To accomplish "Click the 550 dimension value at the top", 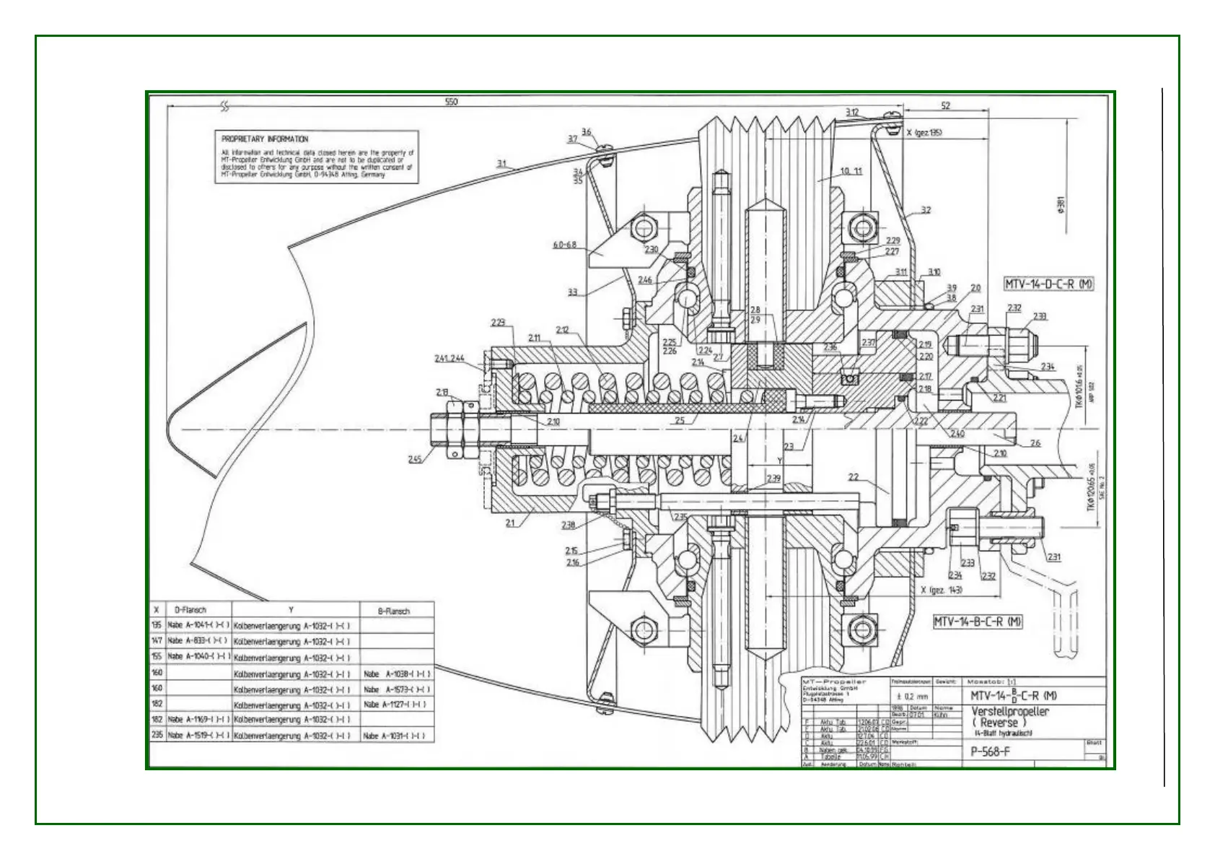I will [x=451, y=102].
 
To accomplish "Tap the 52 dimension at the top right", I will [x=945, y=105].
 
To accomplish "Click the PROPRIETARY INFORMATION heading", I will [x=265, y=139].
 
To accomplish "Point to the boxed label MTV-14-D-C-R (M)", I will [x=1048, y=284].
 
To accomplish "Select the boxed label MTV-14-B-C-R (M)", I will [x=978, y=622].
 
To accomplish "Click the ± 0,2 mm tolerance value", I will [x=912, y=697].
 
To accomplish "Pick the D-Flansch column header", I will [x=190, y=610].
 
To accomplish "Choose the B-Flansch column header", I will [x=393, y=611].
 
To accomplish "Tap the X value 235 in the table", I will [x=157, y=736].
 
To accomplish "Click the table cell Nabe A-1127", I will [x=395, y=704].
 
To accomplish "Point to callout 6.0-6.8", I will [x=565, y=245].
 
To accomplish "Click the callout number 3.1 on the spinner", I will [x=501, y=164].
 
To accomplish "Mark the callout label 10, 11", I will [x=851, y=171].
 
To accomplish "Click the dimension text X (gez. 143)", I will [x=942, y=590].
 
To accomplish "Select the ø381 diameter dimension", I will [x=1060, y=206].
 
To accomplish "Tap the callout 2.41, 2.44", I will [x=449, y=358].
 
